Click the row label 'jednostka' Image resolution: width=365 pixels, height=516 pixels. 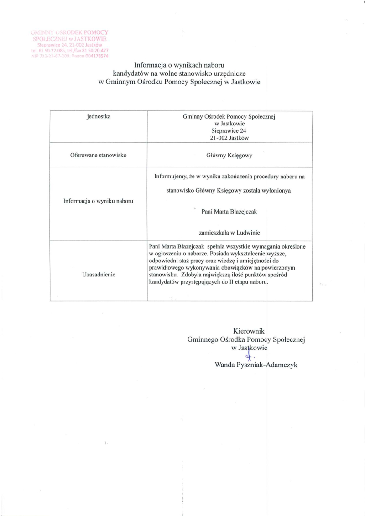coord(99,117)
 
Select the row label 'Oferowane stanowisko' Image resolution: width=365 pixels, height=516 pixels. coord(98,155)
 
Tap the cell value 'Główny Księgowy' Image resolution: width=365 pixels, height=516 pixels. coord(229,155)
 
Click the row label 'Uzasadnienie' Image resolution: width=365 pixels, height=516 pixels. coord(98,275)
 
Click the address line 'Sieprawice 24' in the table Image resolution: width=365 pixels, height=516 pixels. coord(229,130)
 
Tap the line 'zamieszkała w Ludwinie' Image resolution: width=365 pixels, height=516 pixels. coord(229,232)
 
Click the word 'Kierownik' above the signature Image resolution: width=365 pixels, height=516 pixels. coord(249,331)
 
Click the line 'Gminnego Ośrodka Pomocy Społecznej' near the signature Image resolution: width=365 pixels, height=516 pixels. coord(246,339)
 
